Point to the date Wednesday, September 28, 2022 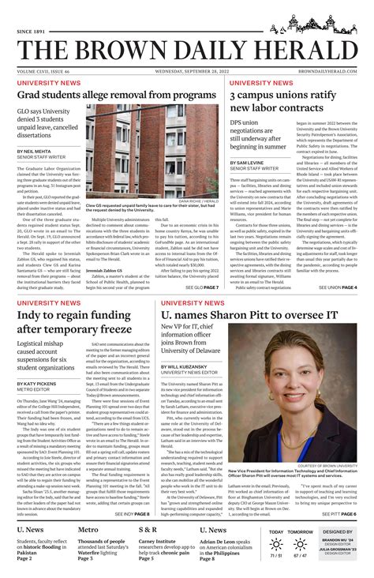click(x=186, y=70)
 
